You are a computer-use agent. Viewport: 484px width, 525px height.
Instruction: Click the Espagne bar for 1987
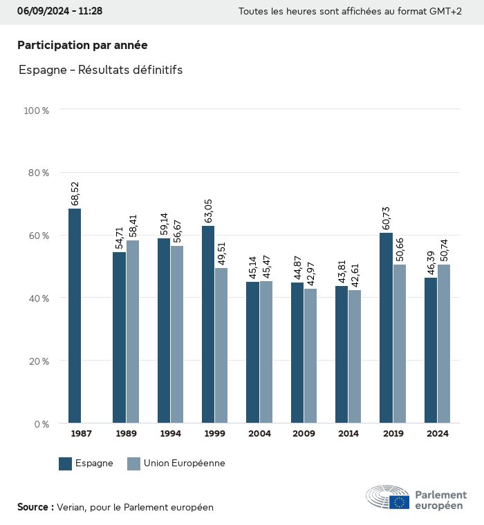coord(75,316)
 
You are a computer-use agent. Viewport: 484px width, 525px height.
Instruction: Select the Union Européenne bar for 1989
coord(132,332)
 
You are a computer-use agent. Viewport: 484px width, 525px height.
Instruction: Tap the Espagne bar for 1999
coord(208,325)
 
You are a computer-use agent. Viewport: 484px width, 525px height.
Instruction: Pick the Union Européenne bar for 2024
coord(444,343)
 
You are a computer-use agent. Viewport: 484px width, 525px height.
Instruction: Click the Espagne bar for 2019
coord(386,328)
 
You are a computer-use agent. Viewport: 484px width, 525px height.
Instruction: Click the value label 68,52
coord(75,193)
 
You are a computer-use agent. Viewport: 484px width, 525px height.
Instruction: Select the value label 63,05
coord(208,211)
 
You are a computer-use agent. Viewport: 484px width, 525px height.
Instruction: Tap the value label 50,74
coord(444,249)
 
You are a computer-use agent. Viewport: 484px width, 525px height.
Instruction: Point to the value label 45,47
coord(266,266)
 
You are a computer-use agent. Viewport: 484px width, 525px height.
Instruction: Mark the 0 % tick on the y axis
coord(41,423)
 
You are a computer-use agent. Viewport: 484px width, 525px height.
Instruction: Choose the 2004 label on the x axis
coord(259,434)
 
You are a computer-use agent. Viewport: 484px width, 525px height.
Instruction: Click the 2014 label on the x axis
coord(348,434)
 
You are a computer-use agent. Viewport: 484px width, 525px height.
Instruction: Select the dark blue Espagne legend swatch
coord(66,464)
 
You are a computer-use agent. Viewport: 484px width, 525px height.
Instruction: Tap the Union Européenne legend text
coord(185,464)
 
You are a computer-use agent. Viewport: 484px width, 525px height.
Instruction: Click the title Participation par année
coord(82,45)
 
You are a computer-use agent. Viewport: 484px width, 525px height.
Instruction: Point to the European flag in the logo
coord(399,502)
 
